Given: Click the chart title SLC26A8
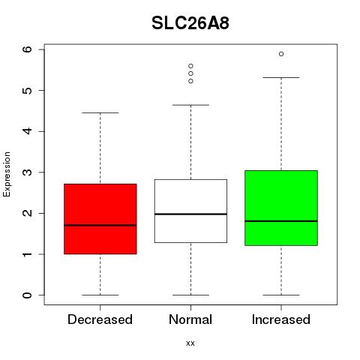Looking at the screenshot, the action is click(x=190, y=23).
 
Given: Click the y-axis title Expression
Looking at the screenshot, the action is click(x=7, y=174).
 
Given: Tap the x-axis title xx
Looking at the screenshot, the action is click(x=190, y=343).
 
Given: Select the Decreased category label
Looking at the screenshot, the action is click(x=100, y=319).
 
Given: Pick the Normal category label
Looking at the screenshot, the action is click(x=190, y=319).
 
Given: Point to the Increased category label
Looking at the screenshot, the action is click(x=281, y=319).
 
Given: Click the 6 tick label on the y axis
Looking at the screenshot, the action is click(x=27, y=49).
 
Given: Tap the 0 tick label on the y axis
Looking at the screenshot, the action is click(x=27, y=295).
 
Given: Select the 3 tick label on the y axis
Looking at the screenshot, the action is click(x=27, y=172).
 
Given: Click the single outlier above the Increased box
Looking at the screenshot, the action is click(x=281, y=54).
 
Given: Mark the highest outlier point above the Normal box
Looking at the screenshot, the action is click(x=190, y=66).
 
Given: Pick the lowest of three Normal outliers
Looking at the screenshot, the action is click(x=190, y=81).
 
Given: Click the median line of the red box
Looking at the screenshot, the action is click(x=100, y=225).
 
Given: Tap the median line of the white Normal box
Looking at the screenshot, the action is click(x=190, y=214).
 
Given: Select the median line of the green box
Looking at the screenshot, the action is click(x=281, y=221).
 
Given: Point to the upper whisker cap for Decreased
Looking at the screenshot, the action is click(x=100, y=112).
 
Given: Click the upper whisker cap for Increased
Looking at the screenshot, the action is click(x=281, y=77).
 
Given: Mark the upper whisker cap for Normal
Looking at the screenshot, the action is click(x=190, y=105).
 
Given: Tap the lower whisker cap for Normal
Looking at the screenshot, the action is click(x=190, y=295).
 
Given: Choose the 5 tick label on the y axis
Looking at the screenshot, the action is click(x=27, y=90).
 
